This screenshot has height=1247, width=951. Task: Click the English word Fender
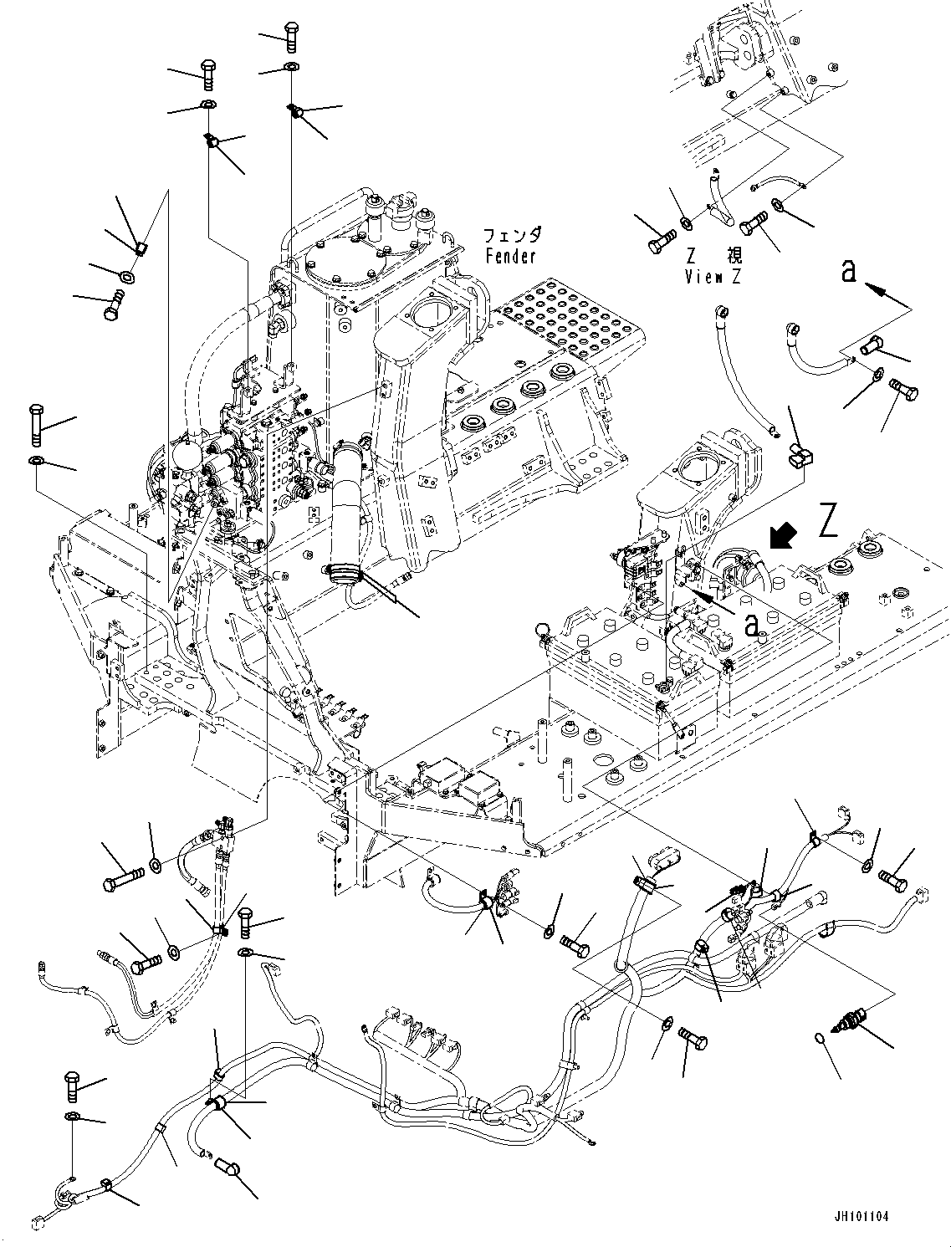[x=510, y=257]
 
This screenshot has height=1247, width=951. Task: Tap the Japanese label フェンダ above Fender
[x=512, y=235]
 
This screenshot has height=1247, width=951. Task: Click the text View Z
[x=713, y=277]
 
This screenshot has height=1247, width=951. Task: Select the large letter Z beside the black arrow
[x=828, y=521]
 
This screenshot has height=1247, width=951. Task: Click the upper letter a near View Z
[x=849, y=270]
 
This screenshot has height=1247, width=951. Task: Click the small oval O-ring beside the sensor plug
[x=820, y=1039]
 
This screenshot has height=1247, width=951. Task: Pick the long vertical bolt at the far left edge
[x=36, y=426]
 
